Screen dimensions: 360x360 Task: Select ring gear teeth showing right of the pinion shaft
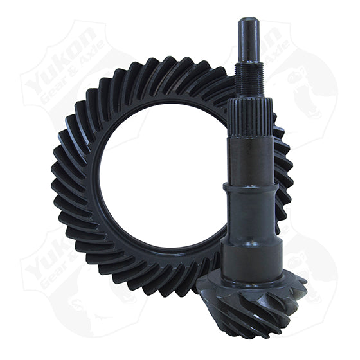click(x=283, y=167)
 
